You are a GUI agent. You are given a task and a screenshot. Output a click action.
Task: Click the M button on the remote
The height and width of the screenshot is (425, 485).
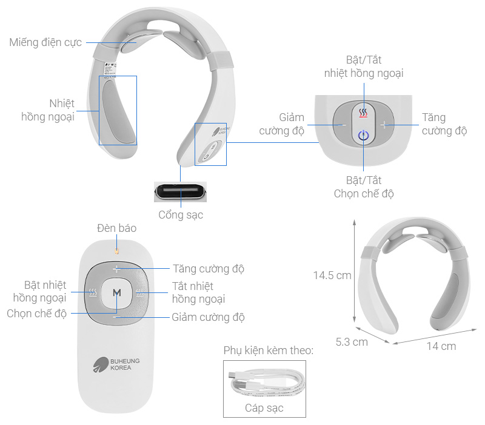click(x=117, y=292)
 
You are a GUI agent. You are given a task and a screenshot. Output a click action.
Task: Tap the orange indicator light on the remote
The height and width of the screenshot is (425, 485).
click(x=117, y=250)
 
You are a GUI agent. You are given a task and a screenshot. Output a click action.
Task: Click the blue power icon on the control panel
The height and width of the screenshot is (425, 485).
click(x=363, y=135)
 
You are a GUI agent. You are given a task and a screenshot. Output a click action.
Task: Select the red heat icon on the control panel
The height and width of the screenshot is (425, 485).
click(x=363, y=113)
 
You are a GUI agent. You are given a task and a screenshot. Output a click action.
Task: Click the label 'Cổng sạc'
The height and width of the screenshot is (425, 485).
click(x=181, y=215)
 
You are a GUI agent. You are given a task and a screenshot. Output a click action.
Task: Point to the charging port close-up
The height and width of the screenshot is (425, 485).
click(x=180, y=193)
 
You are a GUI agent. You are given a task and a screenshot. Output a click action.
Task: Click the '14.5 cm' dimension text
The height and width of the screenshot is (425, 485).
click(x=332, y=275)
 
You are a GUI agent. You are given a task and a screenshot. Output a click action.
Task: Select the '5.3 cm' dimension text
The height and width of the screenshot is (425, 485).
click(x=352, y=341)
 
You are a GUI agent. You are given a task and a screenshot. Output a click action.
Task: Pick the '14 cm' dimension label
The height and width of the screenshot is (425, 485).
click(x=441, y=346)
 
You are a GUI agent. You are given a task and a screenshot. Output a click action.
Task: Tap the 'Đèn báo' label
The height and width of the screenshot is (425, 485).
click(x=116, y=228)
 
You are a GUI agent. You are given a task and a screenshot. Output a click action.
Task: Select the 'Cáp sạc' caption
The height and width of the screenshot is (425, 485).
click(x=264, y=407)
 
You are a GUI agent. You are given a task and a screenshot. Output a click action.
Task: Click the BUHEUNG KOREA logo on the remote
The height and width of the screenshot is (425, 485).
click(x=117, y=364)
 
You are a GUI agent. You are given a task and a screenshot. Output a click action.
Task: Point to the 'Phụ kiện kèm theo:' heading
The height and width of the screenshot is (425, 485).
click(x=268, y=351)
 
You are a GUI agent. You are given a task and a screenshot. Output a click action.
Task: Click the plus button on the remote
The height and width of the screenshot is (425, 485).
click(x=117, y=269)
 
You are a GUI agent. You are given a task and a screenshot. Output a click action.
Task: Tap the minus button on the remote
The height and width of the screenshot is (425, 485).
click(x=117, y=315)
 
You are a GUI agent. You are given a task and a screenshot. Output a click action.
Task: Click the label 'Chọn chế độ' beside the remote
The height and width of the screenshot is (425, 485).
click(x=37, y=313)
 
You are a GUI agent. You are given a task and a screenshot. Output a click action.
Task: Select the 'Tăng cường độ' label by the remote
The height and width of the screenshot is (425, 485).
click(x=209, y=268)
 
